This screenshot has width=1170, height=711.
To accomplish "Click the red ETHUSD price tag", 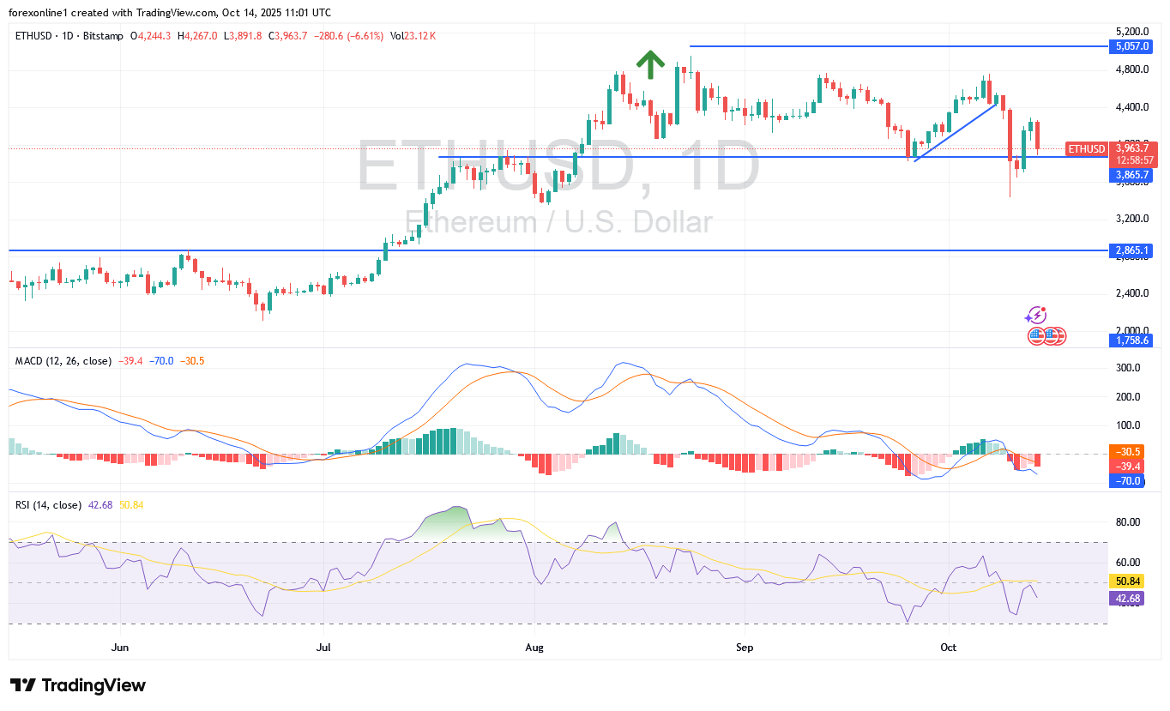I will [1086, 148].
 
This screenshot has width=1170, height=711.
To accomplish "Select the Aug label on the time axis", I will [534, 647].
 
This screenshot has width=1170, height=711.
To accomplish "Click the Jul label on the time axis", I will [324, 647].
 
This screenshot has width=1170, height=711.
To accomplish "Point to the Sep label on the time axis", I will [745, 647].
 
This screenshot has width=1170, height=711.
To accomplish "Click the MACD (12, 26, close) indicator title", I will [63, 361].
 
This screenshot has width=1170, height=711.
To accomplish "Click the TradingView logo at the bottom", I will [78, 685].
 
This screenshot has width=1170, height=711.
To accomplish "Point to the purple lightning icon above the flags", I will [1036, 316].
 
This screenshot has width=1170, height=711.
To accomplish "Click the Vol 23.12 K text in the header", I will [413, 36].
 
